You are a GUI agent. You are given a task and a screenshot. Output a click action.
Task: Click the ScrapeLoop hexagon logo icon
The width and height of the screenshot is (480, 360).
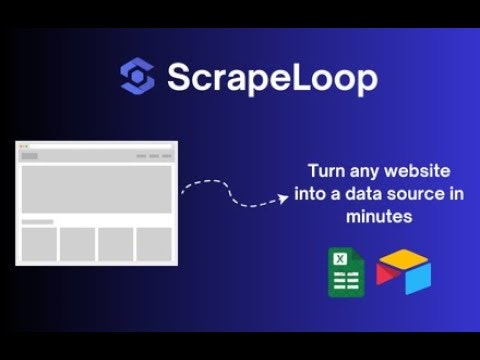pyautogui.click(x=136, y=76)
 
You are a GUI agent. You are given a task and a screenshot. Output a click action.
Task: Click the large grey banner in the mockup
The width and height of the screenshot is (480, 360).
pyautogui.click(x=96, y=189)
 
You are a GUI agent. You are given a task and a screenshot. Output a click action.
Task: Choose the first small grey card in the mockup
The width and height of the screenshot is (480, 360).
pyautogui.click(x=38, y=244)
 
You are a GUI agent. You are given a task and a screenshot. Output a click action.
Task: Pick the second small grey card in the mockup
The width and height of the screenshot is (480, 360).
pyautogui.click(x=77, y=244)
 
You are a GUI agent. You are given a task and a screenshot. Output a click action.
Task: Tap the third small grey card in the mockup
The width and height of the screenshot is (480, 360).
pyautogui.click(x=116, y=244)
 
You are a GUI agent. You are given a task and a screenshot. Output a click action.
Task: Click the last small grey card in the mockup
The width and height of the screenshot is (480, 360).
pyautogui.click(x=154, y=244)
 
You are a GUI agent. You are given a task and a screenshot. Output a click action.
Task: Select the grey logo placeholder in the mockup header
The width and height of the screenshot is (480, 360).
pyautogui.click(x=29, y=156)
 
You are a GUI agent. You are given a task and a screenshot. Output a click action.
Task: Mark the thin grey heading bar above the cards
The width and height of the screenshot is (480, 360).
pyautogui.click(x=37, y=221)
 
